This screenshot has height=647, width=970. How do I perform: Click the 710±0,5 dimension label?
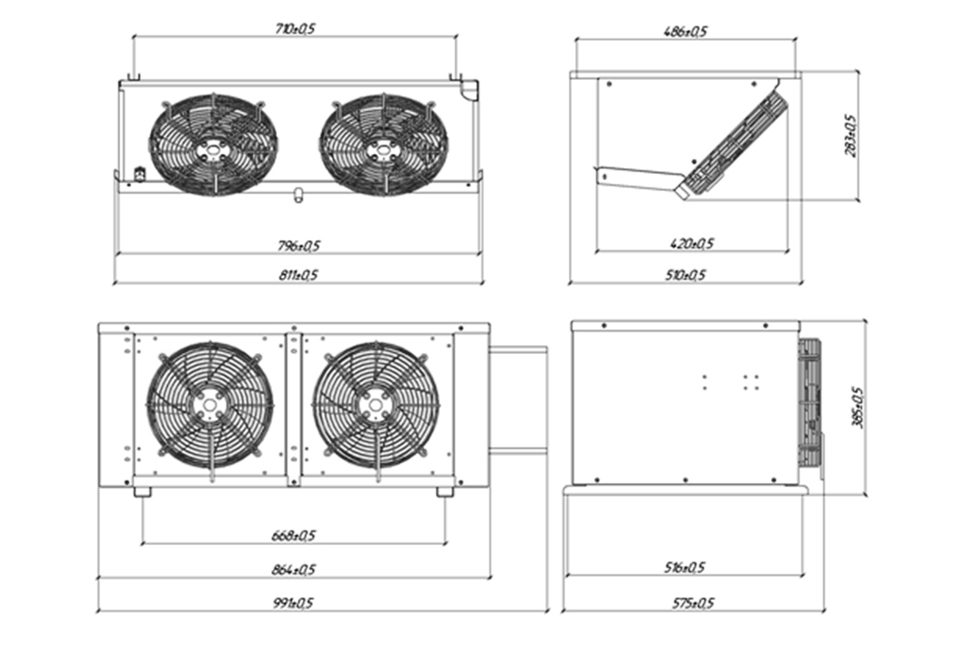(296, 29)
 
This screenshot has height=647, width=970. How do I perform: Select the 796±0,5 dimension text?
(298, 246)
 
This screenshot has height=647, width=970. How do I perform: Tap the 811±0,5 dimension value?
(298, 275)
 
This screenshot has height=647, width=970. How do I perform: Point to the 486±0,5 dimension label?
(685, 32)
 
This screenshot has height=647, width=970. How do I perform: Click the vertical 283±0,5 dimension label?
(851, 136)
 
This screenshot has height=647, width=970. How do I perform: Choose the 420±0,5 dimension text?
(692, 243)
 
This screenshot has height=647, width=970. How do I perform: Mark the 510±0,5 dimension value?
(685, 275)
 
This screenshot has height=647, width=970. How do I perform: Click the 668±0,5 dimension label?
(293, 535)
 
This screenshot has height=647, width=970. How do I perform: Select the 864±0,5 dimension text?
(293, 569)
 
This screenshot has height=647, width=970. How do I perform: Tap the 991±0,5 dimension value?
(293, 602)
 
